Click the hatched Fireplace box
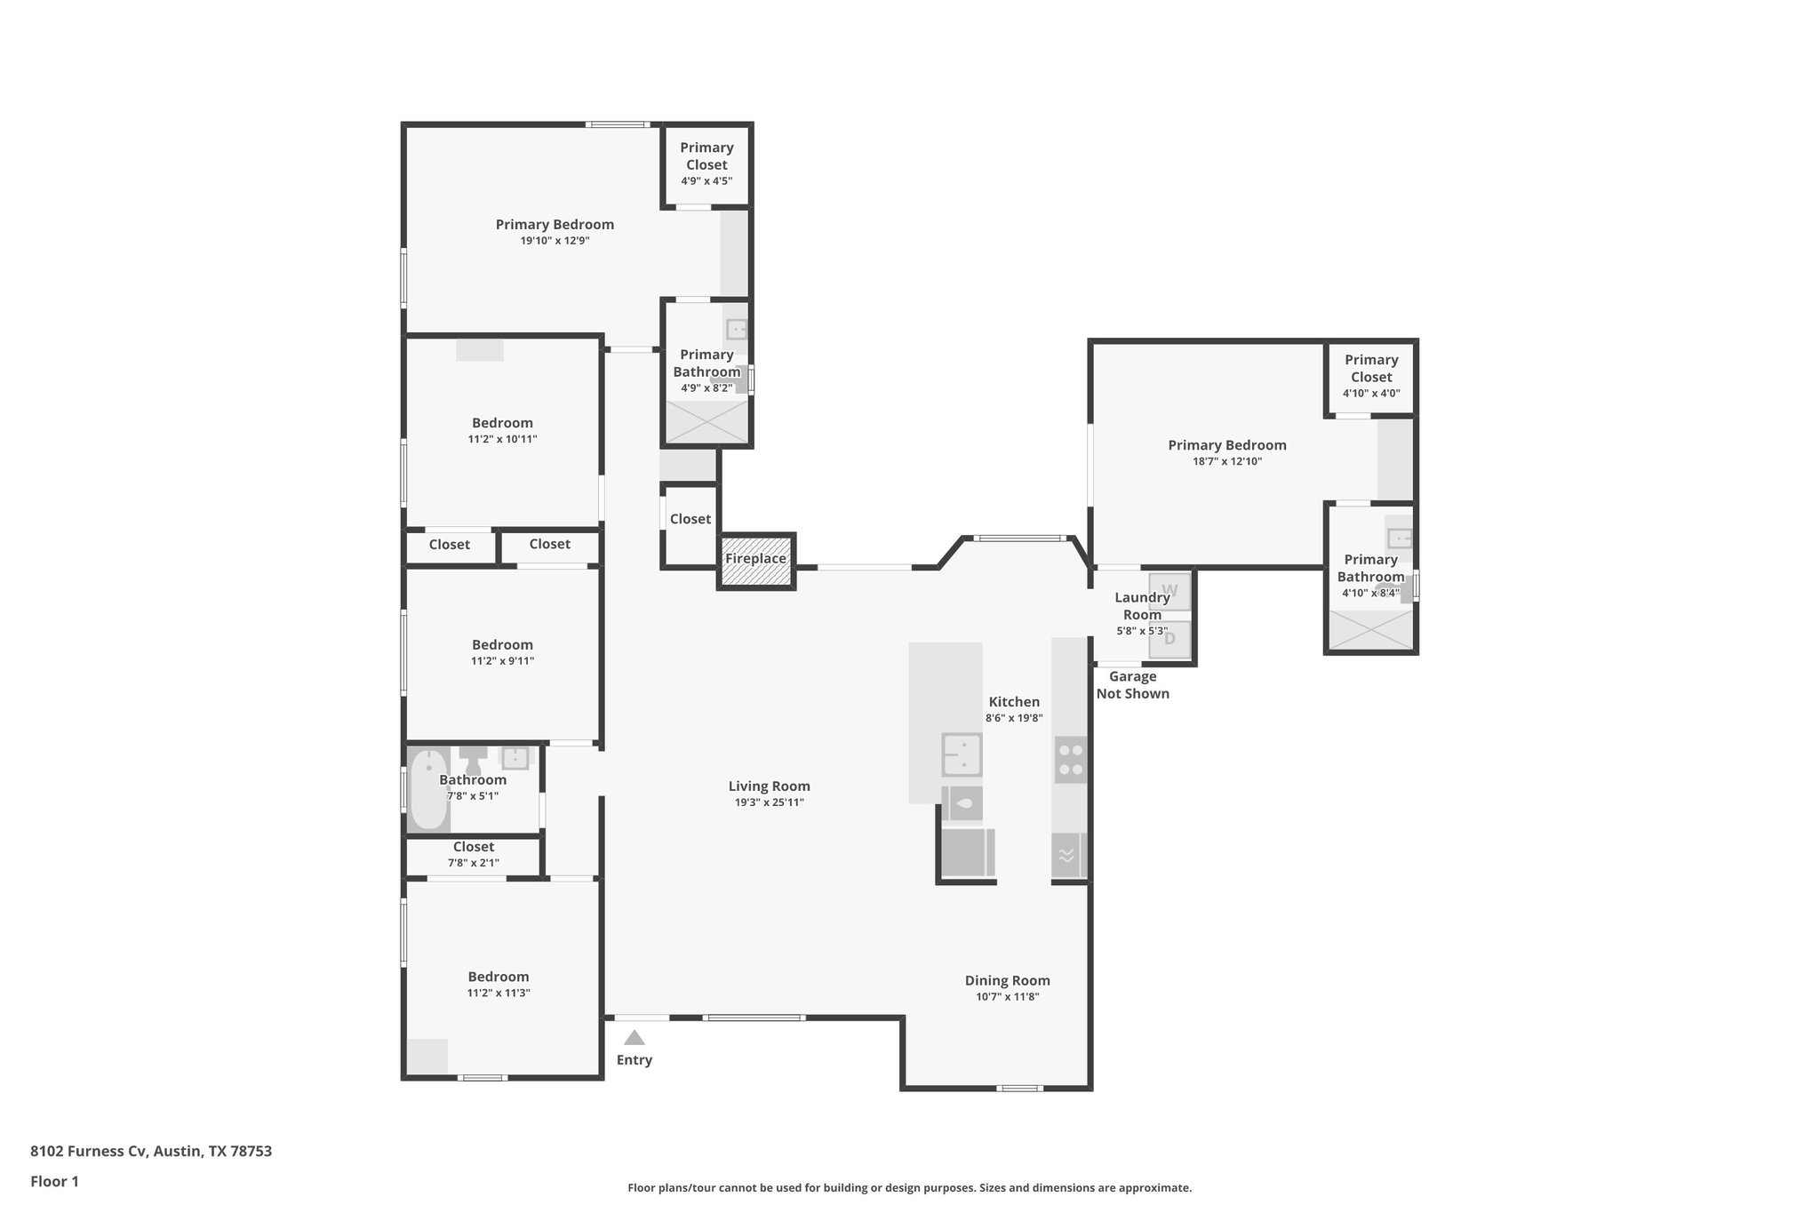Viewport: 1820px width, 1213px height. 756,562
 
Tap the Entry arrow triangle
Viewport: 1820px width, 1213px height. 634,1037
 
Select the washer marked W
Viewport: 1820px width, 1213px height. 1169,591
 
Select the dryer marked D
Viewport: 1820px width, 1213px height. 1169,639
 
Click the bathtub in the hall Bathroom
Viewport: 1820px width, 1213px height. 429,789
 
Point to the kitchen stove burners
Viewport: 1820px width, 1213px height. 1071,760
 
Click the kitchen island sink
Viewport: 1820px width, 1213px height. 962,754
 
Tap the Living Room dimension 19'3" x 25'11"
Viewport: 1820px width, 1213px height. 769,802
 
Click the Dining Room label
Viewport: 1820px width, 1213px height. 1007,980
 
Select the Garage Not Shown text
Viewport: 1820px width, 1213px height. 1132,685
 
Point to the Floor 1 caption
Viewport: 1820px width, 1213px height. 54,1181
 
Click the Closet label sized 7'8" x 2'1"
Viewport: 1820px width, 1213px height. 473,847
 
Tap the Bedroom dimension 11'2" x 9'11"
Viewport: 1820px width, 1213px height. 502,661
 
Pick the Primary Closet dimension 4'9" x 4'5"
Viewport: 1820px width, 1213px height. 706,180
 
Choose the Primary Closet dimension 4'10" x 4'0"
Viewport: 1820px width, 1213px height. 1370,393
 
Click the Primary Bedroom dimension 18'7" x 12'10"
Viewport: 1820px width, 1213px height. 1226,461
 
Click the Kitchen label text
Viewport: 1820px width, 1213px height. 1014,701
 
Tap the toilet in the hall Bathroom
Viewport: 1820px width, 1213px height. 473,761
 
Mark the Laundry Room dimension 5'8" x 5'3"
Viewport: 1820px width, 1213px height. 1142,631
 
